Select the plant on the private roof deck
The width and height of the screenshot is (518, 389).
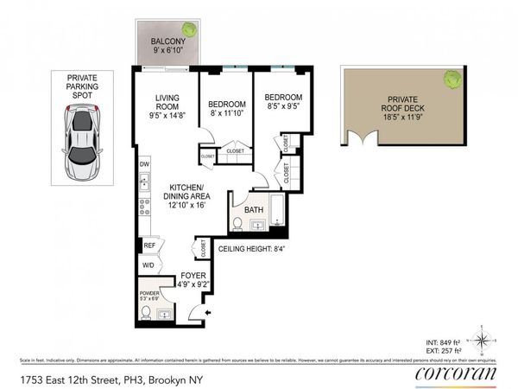451,80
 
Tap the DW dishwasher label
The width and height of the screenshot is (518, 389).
144,164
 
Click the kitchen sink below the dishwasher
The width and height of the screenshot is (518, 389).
144,183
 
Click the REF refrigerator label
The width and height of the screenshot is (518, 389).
148,246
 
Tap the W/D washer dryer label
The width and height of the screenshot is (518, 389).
148,265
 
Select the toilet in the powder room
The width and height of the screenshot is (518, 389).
147,312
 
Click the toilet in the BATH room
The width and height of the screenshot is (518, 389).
237,224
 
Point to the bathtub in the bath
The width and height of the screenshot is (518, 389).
277,213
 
